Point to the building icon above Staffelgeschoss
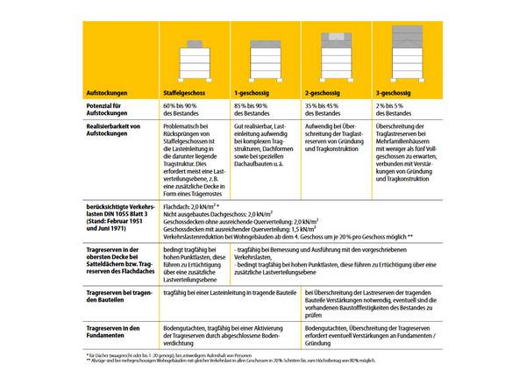point(195,61)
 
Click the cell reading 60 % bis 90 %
point(184,104)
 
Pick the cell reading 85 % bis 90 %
point(254,104)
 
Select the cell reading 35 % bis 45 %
point(325,104)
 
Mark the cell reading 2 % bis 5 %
point(394,104)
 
